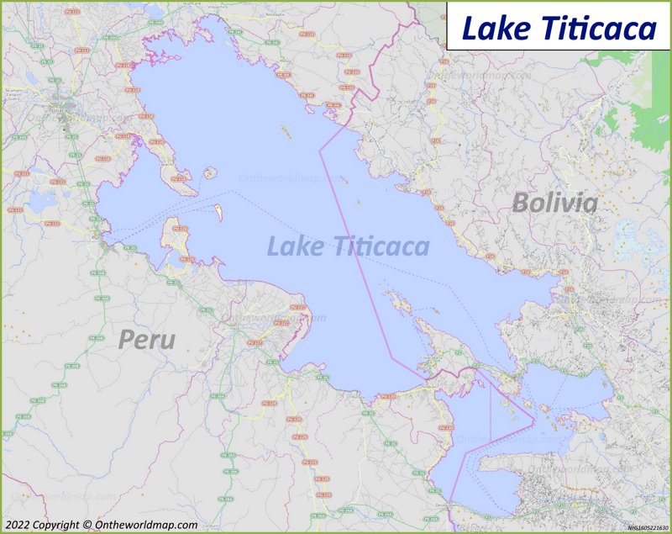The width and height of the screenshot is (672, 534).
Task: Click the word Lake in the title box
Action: pyautogui.click(x=490, y=29)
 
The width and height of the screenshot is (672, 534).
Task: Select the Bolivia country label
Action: pyautogui.click(x=554, y=203)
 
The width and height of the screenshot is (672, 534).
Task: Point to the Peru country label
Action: pyautogui.click(x=147, y=340)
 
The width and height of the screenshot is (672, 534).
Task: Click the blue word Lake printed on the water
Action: pyautogui.click(x=295, y=246)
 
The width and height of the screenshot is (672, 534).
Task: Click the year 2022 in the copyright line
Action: pyautogui.click(x=20, y=525)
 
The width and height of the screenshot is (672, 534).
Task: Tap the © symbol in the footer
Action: pyautogui.click(x=87, y=525)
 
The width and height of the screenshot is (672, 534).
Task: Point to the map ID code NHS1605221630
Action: pyautogui.click(x=646, y=526)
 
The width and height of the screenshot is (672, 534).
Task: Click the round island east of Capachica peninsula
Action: pyautogui.click(x=209, y=173)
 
